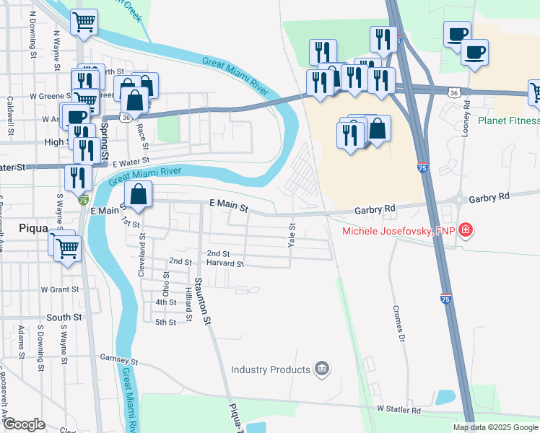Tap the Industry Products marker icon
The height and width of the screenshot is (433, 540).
(x=322, y=369)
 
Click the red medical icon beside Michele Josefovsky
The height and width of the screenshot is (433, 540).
(x=466, y=231)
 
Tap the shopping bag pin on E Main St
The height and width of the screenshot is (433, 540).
(x=138, y=194)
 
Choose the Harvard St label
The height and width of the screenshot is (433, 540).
(x=225, y=264)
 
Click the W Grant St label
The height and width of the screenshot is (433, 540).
(x=59, y=289)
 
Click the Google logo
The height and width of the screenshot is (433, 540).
(x=24, y=424)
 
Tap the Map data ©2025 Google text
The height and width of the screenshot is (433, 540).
(x=495, y=427)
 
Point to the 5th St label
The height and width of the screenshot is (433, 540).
(x=165, y=322)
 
